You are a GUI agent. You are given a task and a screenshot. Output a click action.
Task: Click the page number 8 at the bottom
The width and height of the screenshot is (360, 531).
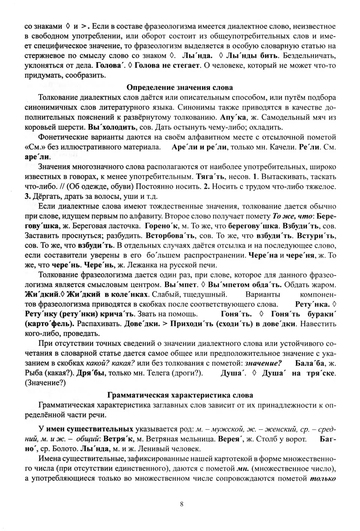click(181, 504)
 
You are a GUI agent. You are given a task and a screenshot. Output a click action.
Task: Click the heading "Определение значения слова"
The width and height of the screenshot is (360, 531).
click(180, 87)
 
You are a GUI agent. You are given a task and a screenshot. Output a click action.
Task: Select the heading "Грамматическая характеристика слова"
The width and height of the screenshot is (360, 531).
click(180, 395)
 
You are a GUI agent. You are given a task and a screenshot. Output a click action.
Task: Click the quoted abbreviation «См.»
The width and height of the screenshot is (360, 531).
click(33, 147)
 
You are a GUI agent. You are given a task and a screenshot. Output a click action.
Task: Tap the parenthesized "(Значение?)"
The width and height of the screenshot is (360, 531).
click(45, 383)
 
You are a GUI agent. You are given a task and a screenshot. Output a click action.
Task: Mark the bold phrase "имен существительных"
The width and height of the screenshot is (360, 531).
click(90, 429)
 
